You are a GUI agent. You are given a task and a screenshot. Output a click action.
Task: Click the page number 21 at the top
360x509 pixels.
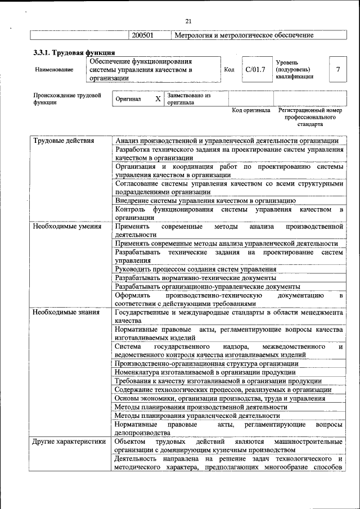coord(188,21)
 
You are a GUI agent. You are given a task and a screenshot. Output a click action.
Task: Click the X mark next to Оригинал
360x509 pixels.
coord(158,99)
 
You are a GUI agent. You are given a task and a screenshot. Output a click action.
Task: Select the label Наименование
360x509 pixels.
coord(54,70)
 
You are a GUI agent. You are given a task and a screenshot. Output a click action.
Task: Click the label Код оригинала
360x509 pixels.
coord(251,110)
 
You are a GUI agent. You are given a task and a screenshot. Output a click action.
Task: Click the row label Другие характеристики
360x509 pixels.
coord(69,442)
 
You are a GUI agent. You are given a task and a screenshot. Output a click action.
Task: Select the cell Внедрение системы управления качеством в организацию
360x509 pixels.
coord(205,200)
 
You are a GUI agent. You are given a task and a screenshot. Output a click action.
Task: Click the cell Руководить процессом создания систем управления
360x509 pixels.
coord(191,269)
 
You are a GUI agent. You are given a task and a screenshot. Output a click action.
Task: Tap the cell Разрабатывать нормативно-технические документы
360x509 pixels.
coord(195,278)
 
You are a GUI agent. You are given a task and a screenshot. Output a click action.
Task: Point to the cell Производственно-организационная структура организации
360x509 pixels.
coord(206,364)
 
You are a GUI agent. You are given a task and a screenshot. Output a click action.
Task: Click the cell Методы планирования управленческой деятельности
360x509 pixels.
coord(197,416)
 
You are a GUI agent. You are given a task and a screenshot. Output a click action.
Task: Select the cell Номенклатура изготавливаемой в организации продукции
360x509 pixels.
coord(205,372)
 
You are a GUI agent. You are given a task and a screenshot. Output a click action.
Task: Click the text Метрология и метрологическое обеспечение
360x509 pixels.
coord(244,35)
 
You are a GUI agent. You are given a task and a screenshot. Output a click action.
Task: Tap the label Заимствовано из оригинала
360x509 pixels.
coord(188,99)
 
